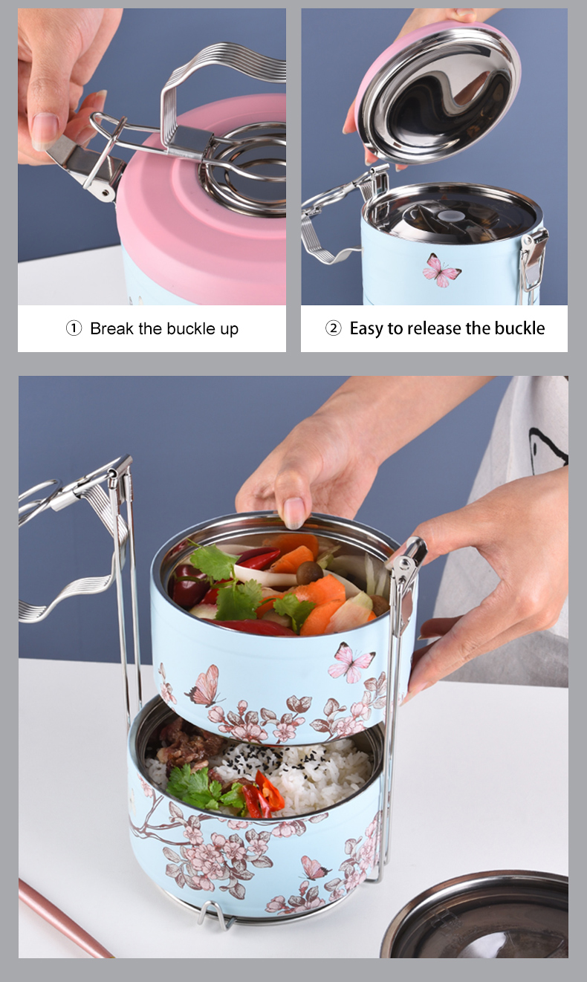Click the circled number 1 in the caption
(x=74, y=328)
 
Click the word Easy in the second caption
(x=366, y=328)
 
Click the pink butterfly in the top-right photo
(x=441, y=270)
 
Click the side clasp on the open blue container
(x=533, y=256)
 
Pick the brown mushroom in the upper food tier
(x=309, y=572)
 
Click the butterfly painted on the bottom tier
(x=314, y=868)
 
